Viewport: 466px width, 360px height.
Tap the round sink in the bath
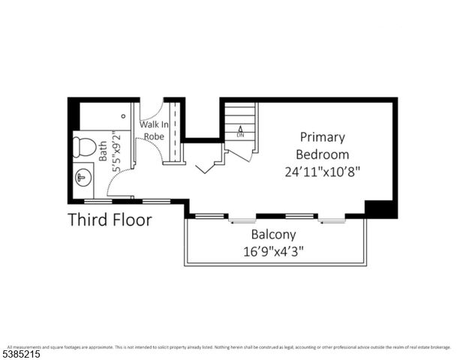pos(83,178)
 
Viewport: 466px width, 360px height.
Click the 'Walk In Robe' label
pos(154,130)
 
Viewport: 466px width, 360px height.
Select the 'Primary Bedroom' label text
pos(322,145)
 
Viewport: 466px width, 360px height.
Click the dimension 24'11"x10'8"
pos(323,171)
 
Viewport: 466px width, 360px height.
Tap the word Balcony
pos(275,235)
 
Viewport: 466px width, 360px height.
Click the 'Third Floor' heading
pos(110,220)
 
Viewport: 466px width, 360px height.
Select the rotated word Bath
pos(104,152)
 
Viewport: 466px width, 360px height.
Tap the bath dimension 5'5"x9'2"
pos(116,152)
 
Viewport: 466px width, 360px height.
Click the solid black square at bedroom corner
pos(380,208)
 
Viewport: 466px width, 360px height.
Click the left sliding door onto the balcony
pos(242,220)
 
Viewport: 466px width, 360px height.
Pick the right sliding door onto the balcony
pos(331,220)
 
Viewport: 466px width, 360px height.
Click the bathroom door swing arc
pos(120,184)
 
